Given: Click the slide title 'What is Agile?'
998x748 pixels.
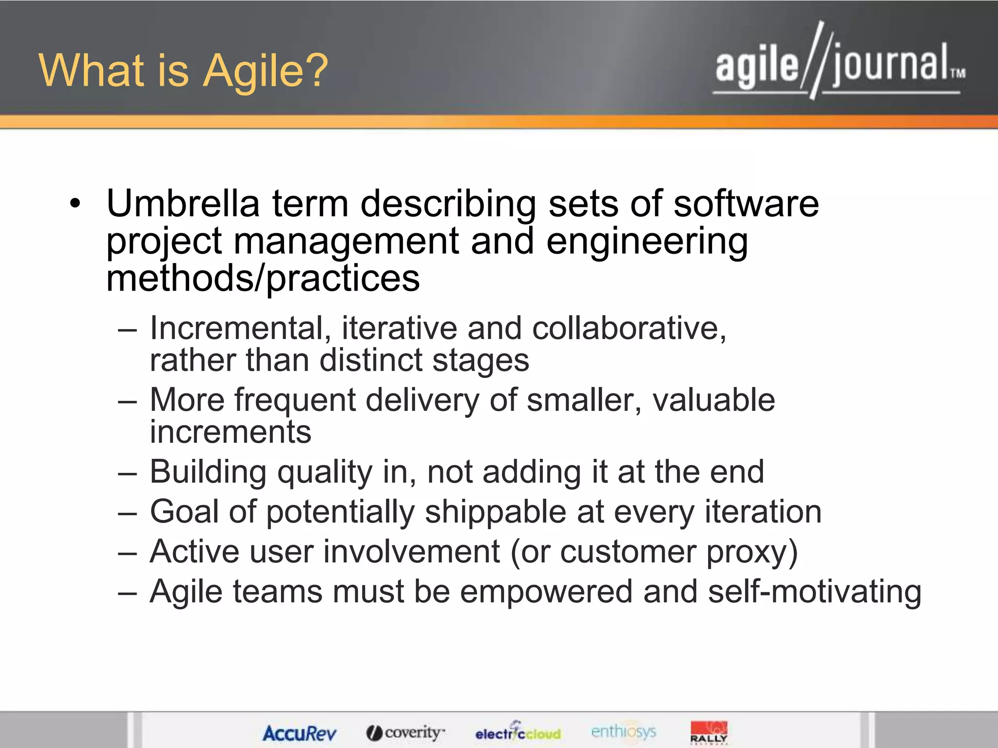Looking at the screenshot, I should (x=183, y=71).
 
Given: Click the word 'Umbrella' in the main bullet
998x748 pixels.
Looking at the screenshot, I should (x=183, y=204).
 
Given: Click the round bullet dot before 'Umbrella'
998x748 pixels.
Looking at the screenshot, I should (x=75, y=204).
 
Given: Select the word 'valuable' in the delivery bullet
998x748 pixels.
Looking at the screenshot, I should (x=713, y=400).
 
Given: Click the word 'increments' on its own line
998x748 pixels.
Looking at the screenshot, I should (x=230, y=432).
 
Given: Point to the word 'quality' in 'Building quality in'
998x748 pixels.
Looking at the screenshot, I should (x=325, y=472).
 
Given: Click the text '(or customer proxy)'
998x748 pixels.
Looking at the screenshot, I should (x=654, y=552).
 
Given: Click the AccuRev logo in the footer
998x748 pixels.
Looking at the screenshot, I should (x=299, y=733).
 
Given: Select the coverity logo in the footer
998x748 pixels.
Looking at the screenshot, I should (x=405, y=732).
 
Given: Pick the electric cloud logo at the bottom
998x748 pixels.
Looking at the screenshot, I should (x=518, y=732).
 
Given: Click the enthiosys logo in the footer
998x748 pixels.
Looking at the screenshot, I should (x=623, y=731).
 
